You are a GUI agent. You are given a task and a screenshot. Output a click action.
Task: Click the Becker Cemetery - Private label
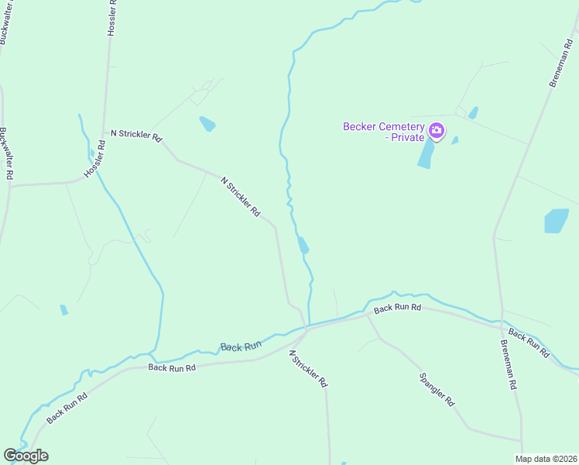(x=383, y=132)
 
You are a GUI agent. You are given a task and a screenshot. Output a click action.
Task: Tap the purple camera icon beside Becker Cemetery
(x=437, y=130)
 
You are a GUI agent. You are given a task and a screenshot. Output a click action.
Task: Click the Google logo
(x=26, y=456)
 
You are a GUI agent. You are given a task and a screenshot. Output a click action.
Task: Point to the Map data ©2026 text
(x=545, y=459)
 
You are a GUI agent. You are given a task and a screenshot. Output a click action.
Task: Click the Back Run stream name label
(x=241, y=346)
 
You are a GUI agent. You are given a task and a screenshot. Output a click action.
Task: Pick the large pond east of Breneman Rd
(x=556, y=221)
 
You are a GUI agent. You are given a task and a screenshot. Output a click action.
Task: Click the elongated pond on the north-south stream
(x=303, y=245)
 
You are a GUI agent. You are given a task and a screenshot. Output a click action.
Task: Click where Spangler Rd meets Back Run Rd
(x=366, y=315)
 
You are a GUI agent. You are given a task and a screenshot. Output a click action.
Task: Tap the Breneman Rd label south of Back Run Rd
(x=511, y=365)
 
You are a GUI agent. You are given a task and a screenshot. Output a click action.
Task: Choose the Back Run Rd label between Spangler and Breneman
(x=397, y=308)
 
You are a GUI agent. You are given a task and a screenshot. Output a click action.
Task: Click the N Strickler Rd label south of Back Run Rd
(x=308, y=368)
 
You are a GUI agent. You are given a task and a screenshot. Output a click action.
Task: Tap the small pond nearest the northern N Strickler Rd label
(x=207, y=124)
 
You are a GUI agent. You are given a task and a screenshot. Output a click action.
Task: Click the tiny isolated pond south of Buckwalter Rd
(x=63, y=310)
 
